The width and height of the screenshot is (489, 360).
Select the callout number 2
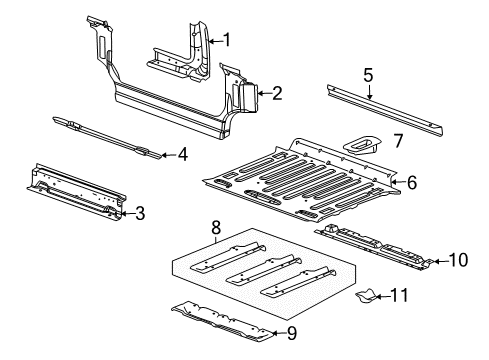pos(276,94)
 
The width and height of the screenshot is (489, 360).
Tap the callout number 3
pos(140,212)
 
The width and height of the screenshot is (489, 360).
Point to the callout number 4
pos(181,154)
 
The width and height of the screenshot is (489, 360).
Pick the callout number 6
pos(411,182)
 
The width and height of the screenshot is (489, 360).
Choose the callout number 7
pos(397,141)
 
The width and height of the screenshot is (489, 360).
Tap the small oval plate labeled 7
pos(361,143)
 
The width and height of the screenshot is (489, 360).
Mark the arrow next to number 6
pos(394,182)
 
